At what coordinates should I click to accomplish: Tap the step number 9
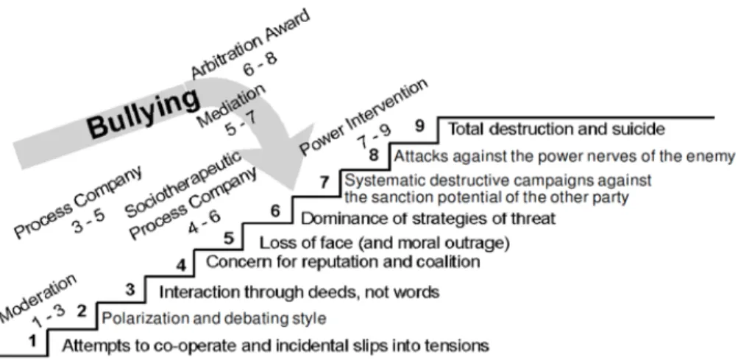pyautogui.click(x=420, y=126)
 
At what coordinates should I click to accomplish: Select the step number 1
pyautogui.click(x=32, y=341)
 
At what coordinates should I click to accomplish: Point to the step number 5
pyautogui.click(x=229, y=238)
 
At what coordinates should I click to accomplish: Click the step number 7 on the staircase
pyautogui.click(x=325, y=182)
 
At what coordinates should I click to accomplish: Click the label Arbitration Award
pyautogui.click(x=250, y=43)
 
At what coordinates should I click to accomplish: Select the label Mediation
pyautogui.click(x=231, y=106)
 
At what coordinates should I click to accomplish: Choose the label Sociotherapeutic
pyautogui.click(x=183, y=183)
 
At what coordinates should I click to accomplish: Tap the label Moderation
pyautogui.click(x=38, y=297)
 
